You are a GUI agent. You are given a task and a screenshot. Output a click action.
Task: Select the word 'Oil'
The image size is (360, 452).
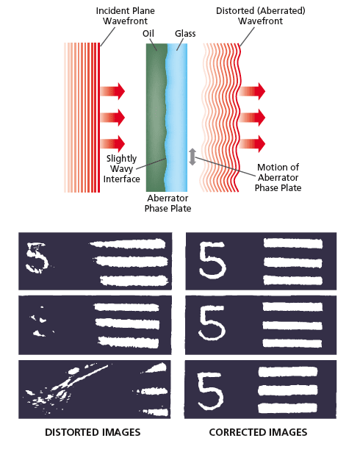click(148, 34)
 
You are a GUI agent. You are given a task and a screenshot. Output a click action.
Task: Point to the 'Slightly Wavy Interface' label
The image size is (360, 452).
click(121, 168)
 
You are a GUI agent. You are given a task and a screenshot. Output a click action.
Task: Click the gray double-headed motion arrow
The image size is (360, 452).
click(192, 157)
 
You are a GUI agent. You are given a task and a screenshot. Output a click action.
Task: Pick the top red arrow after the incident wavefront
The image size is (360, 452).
click(112, 91)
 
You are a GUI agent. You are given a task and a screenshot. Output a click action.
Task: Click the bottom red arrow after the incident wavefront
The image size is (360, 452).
click(112, 143)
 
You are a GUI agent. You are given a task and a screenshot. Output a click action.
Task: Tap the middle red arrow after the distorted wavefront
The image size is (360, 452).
click(251, 118)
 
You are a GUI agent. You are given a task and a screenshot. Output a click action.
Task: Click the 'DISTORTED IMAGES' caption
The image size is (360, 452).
click(94, 432)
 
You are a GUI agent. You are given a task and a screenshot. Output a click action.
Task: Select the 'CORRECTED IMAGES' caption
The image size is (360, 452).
click(258, 432)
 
